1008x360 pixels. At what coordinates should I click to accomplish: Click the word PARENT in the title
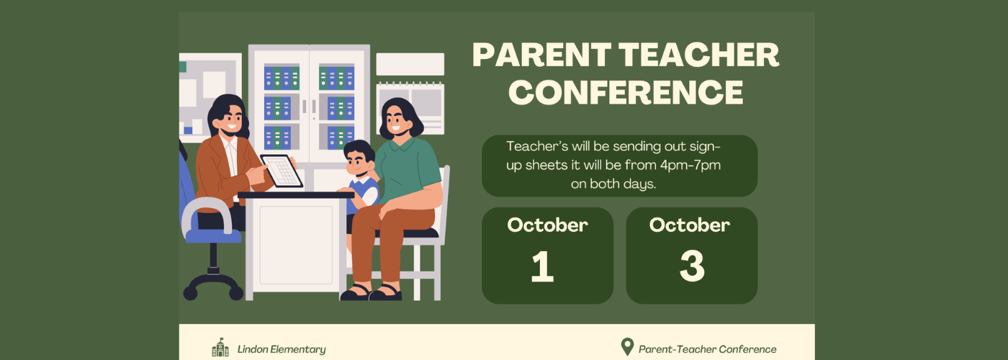[x=541, y=55]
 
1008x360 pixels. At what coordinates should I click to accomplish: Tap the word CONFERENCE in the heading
[x=626, y=92]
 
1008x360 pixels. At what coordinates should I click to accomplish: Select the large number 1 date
[x=542, y=266]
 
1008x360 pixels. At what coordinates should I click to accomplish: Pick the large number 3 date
[x=692, y=266]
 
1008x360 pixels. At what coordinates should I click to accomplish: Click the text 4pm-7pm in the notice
[x=690, y=166]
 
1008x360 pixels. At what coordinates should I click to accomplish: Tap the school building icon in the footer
[x=220, y=347]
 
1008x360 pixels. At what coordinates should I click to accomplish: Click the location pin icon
[x=627, y=347]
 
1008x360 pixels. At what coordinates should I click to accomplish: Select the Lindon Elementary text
[x=282, y=349]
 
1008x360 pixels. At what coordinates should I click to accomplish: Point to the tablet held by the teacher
[x=282, y=171]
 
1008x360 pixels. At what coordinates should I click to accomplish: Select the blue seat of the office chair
[x=213, y=235]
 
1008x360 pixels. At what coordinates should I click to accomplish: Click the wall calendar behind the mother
[x=410, y=108]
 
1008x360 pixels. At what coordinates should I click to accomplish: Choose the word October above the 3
[x=690, y=225]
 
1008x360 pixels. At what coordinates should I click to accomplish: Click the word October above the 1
[x=547, y=225]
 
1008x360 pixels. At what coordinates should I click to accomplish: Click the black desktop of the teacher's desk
[x=296, y=195]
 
